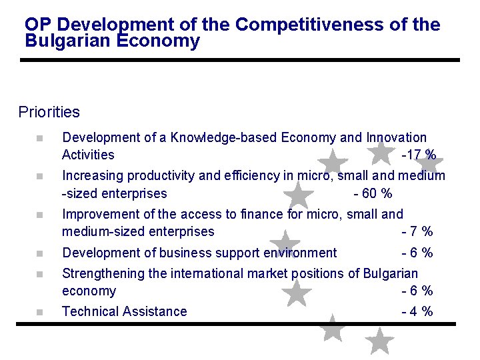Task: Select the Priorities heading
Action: (x=49, y=112)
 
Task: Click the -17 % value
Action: (x=419, y=155)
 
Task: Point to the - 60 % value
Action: (x=372, y=194)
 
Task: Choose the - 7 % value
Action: (x=417, y=232)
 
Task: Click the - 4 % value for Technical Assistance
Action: (x=417, y=311)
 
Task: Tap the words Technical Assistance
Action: (x=124, y=311)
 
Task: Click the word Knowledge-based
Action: (x=224, y=138)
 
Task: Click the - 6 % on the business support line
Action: (x=417, y=253)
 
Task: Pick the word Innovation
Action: (x=396, y=138)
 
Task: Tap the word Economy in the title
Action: (x=165, y=41)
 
